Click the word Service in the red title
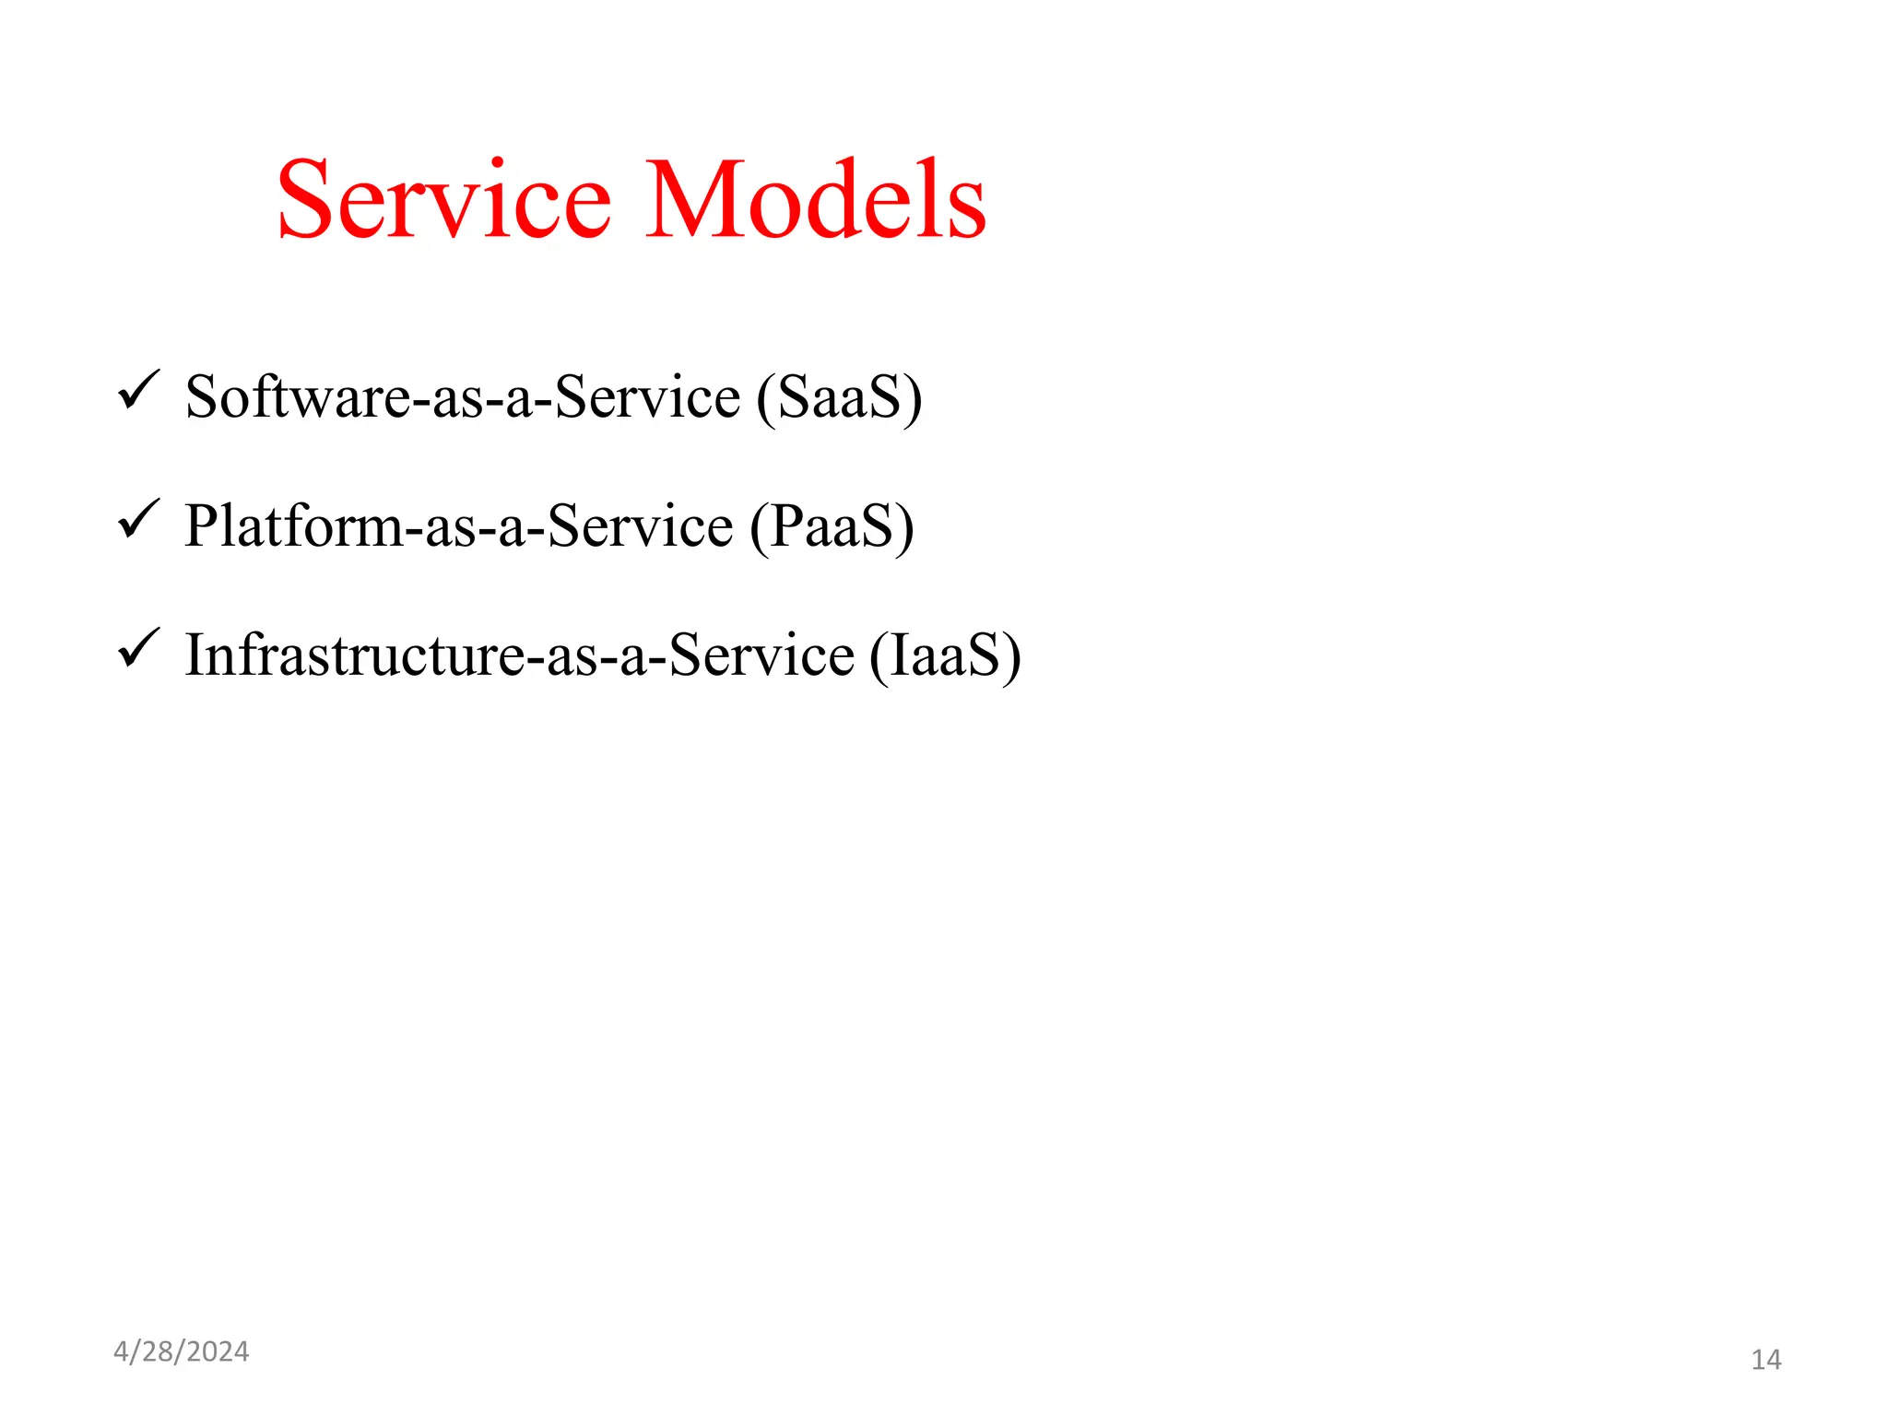click(x=443, y=200)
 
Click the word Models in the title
click(x=816, y=200)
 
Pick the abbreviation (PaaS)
click(x=832, y=526)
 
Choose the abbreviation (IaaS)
click(x=945, y=655)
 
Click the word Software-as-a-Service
click(x=463, y=397)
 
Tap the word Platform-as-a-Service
click(x=459, y=526)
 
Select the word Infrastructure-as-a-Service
click(x=520, y=655)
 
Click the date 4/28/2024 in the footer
click(x=181, y=1351)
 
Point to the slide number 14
click(x=1765, y=1360)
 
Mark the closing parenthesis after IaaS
click(x=1012, y=656)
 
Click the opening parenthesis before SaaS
click(x=765, y=398)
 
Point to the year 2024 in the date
click(x=218, y=1351)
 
